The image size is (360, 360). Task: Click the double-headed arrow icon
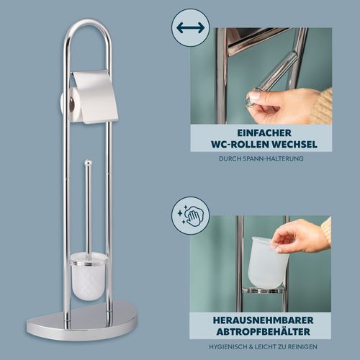(x=191, y=28)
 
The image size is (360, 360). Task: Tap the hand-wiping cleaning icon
(x=190, y=215)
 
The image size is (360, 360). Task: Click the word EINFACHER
(x=264, y=132)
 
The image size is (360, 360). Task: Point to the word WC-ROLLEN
(x=240, y=144)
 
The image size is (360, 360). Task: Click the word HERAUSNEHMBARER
(x=263, y=320)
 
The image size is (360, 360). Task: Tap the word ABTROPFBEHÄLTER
(x=263, y=332)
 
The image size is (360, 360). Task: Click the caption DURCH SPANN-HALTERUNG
(x=261, y=158)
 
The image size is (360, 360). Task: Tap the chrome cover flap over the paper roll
(x=95, y=96)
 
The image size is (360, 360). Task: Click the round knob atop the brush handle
(x=88, y=163)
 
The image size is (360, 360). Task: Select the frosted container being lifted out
(x=270, y=262)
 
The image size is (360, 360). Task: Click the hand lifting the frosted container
(x=301, y=235)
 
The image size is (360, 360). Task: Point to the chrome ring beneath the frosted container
(x=264, y=291)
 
